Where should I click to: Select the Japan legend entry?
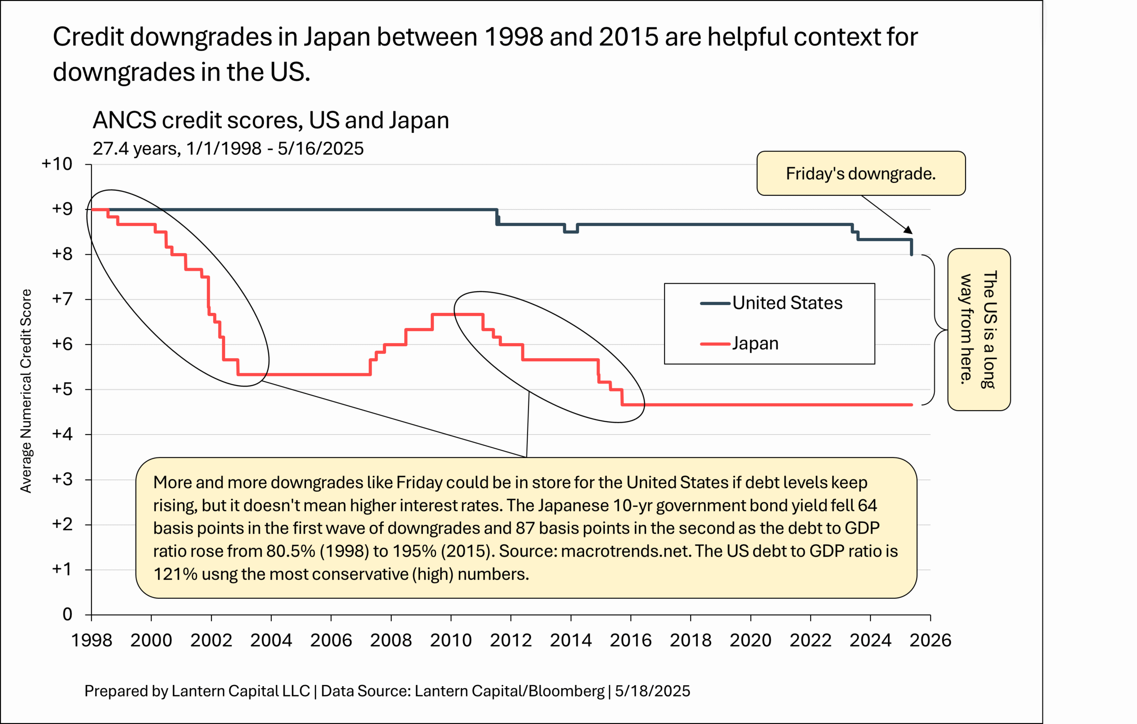[x=755, y=344]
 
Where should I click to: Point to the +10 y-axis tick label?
[x=57, y=164]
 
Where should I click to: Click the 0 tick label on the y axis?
[x=68, y=614]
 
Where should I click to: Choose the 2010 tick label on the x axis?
[x=450, y=641]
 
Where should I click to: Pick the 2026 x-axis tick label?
[x=930, y=641]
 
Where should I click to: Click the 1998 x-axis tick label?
[x=91, y=641]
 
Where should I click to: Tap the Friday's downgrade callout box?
[x=860, y=174]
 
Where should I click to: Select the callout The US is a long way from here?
[x=979, y=329]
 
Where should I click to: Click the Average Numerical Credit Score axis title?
[x=26, y=391]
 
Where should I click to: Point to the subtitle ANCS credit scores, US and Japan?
[x=270, y=120]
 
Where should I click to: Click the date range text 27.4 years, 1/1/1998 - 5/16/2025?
[x=228, y=149]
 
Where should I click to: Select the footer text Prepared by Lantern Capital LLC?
[x=197, y=691]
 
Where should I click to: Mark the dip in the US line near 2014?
[x=571, y=232]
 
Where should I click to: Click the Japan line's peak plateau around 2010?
[x=457, y=314]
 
